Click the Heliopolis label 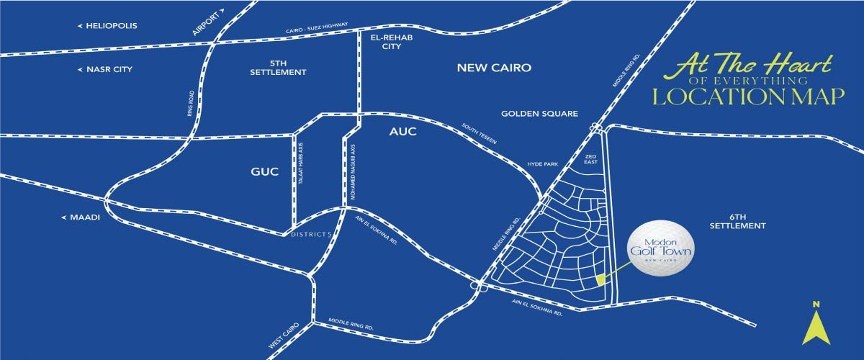tap(111, 26)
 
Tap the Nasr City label tap(109, 70)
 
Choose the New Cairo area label tap(494, 68)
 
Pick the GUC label tap(265, 173)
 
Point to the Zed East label tap(591, 159)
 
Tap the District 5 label tap(310, 235)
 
